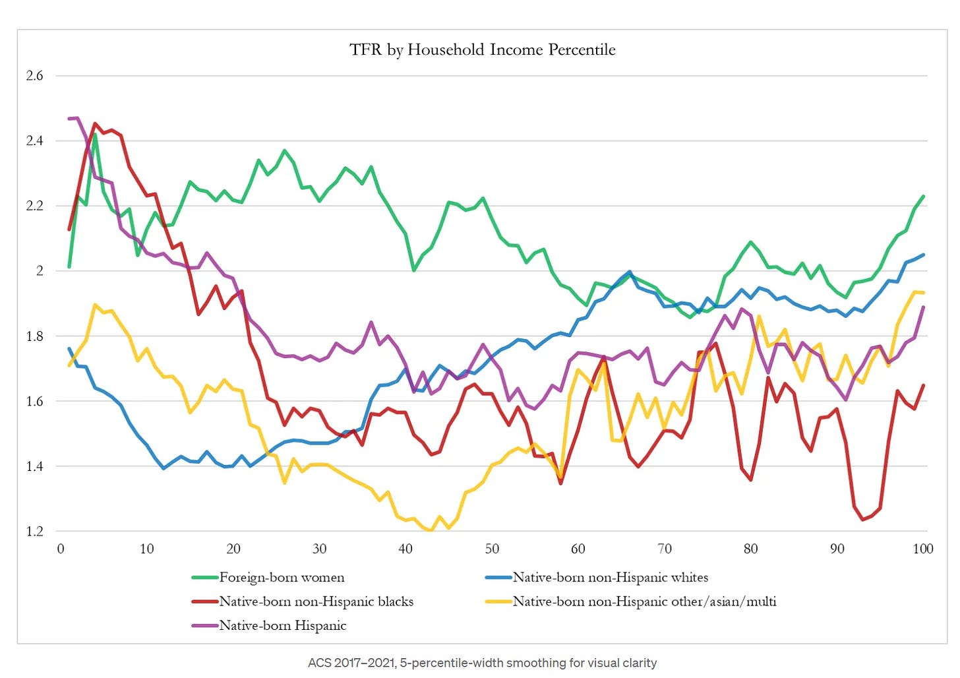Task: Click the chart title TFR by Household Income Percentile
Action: click(x=482, y=50)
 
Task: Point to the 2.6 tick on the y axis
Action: click(x=34, y=76)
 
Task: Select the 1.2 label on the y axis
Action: click(x=34, y=532)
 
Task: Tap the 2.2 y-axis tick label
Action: click(x=34, y=206)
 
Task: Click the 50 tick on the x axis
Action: click(x=492, y=549)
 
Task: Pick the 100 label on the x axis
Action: click(x=922, y=549)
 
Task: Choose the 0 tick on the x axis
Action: click(x=61, y=549)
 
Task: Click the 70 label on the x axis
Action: click(x=665, y=549)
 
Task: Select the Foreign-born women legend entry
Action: click(x=282, y=578)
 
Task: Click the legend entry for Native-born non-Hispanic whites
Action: click(x=611, y=578)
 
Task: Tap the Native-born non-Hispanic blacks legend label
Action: click(x=316, y=601)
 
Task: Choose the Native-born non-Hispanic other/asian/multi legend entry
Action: click(x=644, y=601)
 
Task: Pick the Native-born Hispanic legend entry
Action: click(x=283, y=626)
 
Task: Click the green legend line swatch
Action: click(x=204, y=578)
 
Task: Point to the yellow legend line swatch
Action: click(x=498, y=601)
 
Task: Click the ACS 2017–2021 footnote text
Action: click(x=482, y=663)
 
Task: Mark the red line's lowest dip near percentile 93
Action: click(x=863, y=520)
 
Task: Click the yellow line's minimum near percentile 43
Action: click(x=431, y=530)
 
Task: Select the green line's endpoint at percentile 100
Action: click(x=923, y=197)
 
